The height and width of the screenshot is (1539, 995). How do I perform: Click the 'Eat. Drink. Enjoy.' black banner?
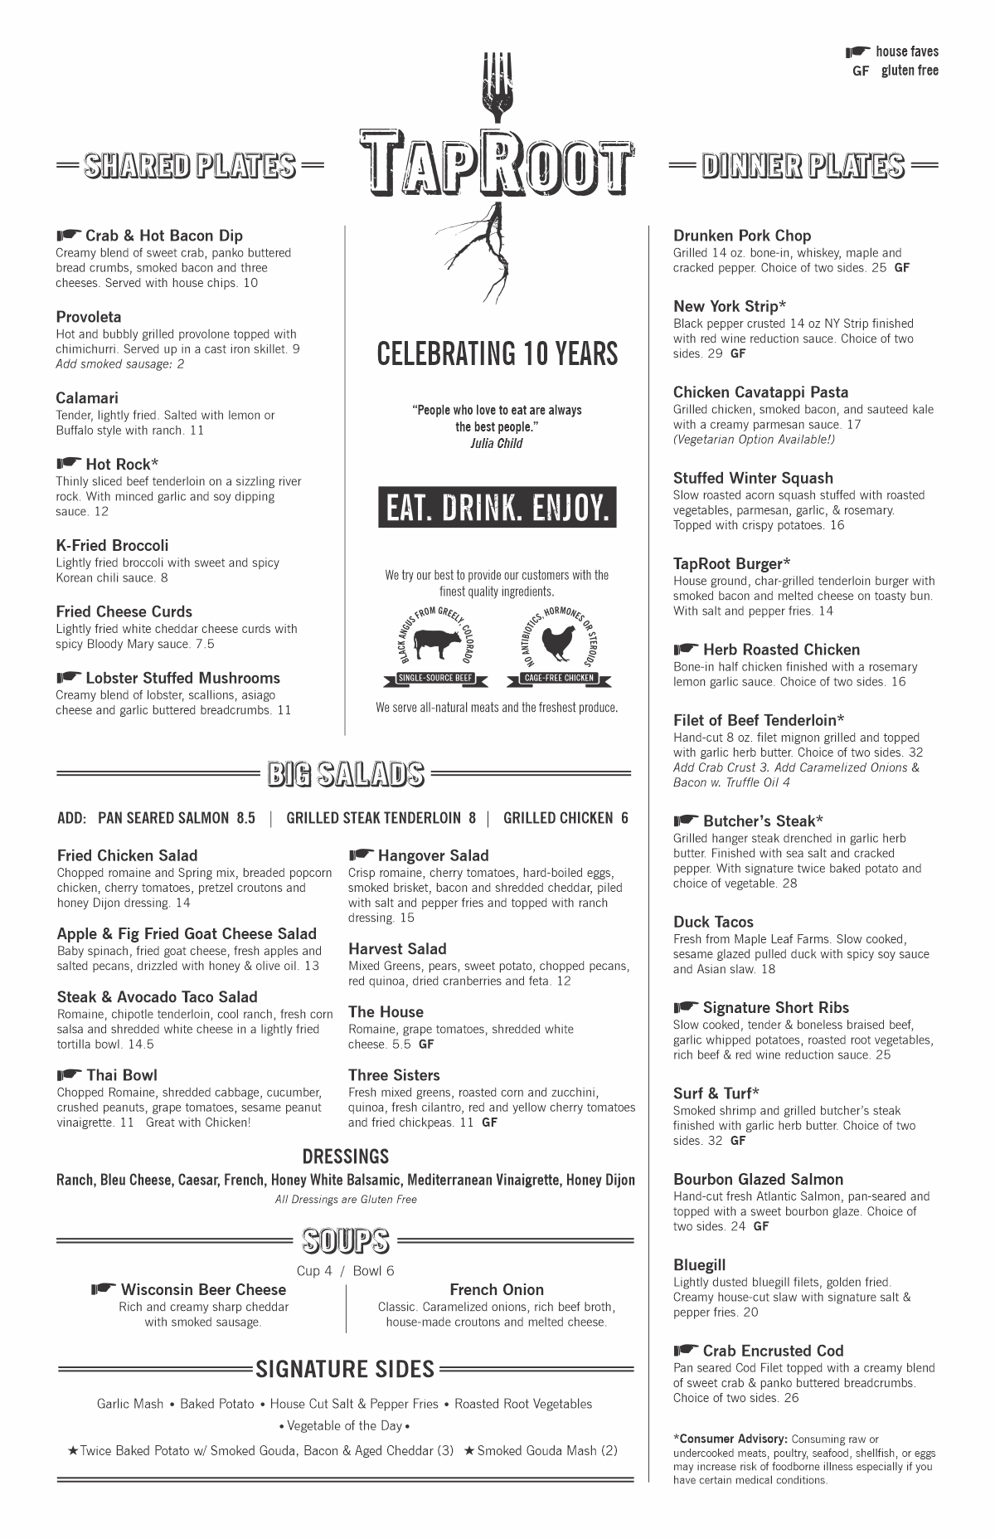coord(498,507)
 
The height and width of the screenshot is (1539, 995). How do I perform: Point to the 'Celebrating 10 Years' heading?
coord(498,353)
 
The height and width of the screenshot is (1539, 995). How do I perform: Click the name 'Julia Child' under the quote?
coord(497,443)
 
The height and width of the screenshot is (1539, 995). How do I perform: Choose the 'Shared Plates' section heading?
coord(190,165)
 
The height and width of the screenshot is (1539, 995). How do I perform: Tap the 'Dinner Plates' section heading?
coord(803,165)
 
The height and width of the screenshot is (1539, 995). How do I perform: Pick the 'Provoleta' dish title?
coord(89,317)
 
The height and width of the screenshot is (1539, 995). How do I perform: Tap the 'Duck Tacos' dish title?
coord(713,922)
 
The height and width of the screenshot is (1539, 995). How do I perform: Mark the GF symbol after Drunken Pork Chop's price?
coord(902,268)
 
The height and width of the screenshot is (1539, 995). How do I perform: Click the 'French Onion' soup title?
coord(497,1289)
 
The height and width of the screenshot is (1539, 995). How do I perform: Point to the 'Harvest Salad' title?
coord(397,948)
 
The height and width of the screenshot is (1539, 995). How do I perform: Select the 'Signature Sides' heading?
coord(345,1369)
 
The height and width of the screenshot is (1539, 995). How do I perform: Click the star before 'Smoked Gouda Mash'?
coord(469,1451)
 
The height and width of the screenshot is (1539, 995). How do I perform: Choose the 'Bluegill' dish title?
coord(699,1264)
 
